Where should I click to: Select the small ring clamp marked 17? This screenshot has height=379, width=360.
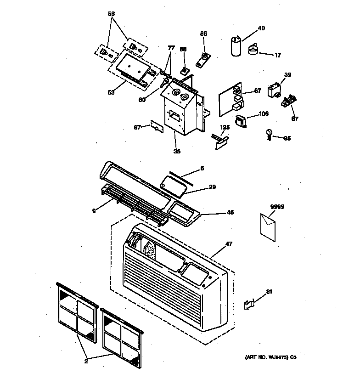(253, 49)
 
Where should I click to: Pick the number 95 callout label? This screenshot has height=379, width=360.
(287, 138)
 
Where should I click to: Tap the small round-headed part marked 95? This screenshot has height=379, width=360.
(269, 134)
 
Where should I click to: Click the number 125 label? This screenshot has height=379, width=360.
(225, 127)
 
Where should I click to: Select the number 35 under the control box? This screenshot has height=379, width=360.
(177, 151)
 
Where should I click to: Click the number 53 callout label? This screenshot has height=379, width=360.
(111, 92)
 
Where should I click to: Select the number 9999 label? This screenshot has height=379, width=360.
(277, 207)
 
